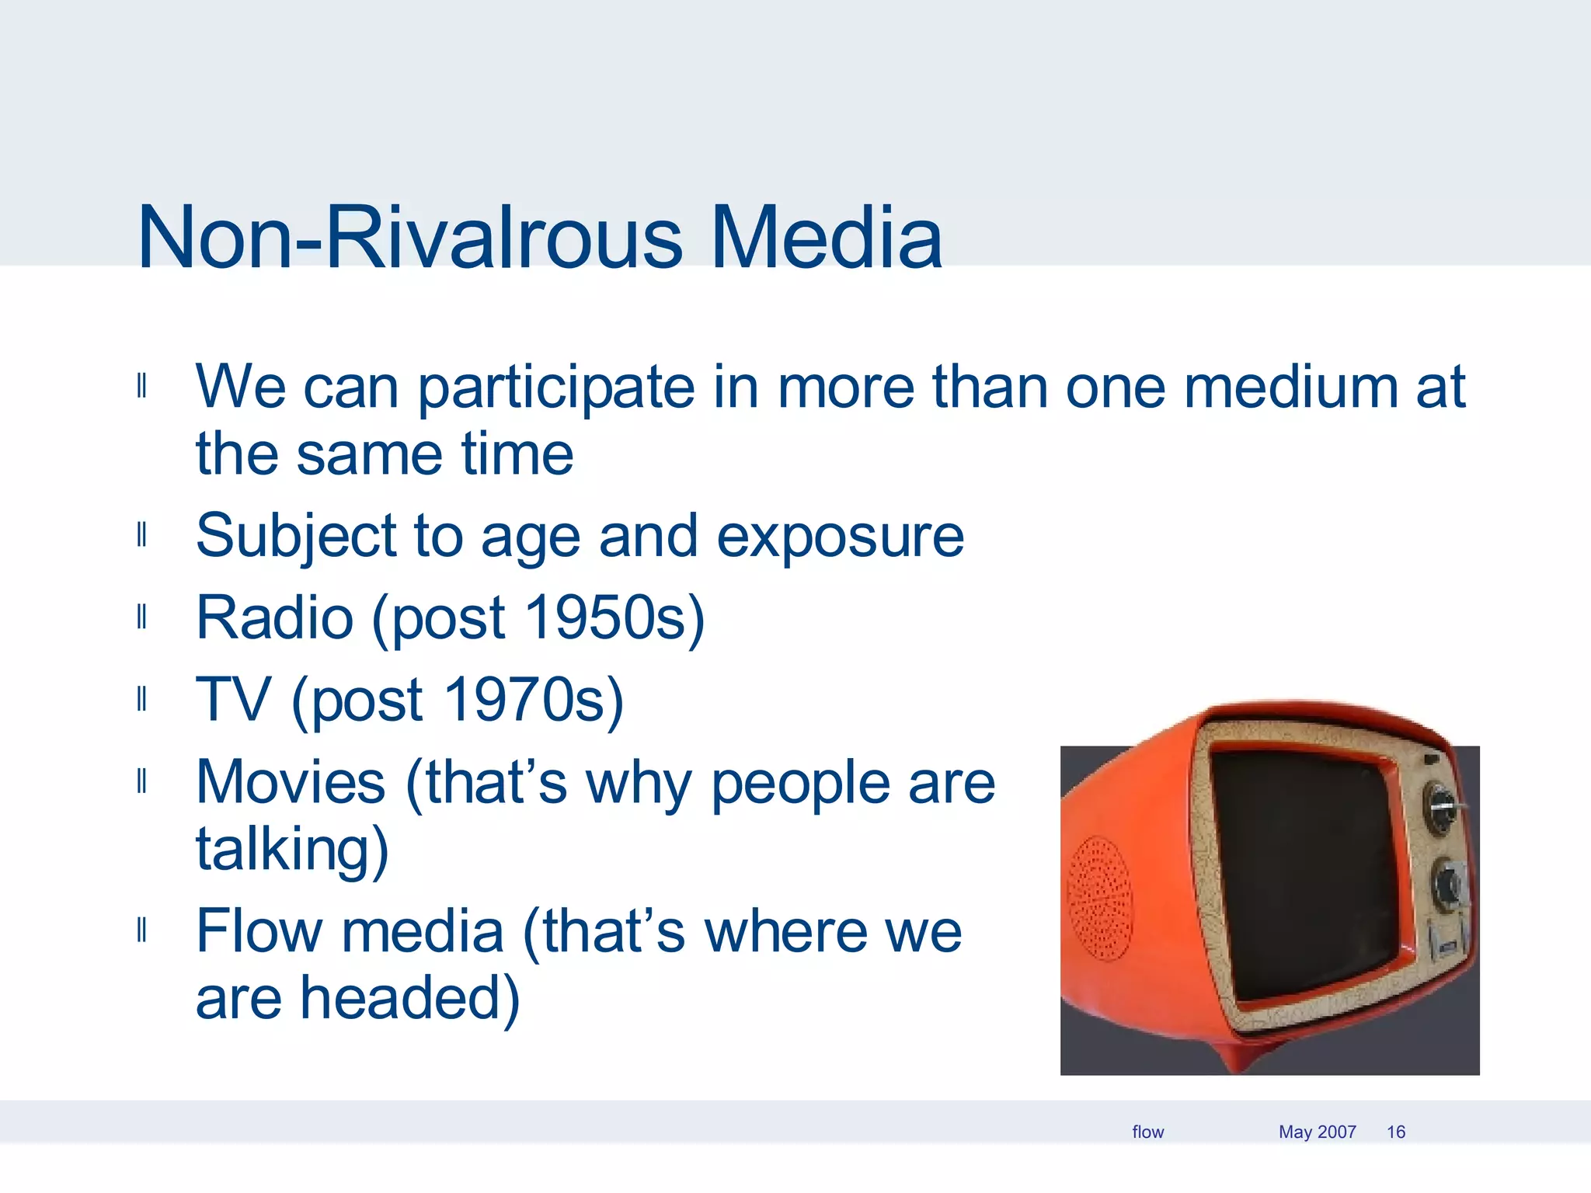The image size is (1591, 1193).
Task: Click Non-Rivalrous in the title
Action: tap(409, 238)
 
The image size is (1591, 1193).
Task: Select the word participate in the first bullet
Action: tap(556, 388)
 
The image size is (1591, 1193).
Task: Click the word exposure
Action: tap(840, 537)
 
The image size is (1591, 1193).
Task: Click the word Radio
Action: tap(275, 618)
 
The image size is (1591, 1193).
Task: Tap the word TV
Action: tap(233, 701)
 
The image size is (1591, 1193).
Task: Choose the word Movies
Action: tap(291, 783)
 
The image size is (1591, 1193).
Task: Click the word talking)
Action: tap(292, 850)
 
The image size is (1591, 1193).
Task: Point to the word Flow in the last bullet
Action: tap(259, 931)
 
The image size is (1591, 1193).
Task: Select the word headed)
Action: tap(409, 999)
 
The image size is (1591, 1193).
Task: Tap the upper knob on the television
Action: tap(1440, 808)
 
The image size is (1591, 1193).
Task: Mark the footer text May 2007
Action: tap(1317, 1132)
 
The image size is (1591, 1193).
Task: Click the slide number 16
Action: tap(1396, 1132)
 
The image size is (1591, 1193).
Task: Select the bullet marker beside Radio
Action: tap(141, 618)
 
